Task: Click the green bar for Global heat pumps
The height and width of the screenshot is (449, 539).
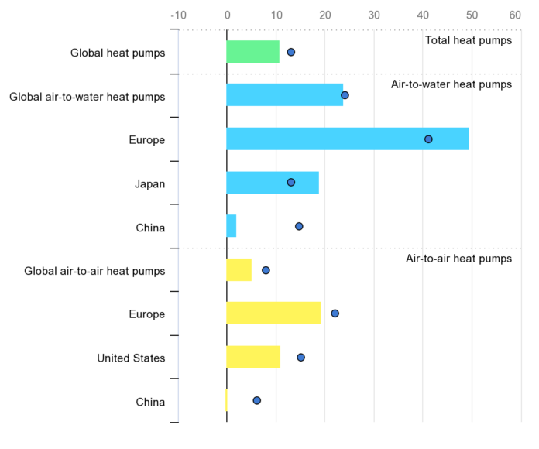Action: pyautogui.click(x=252, y=52)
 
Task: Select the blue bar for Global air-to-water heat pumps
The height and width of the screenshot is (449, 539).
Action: pyautogui.click(x=284, y=95)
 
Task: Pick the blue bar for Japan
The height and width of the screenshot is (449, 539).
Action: pyautogui.click(x=272, y=183)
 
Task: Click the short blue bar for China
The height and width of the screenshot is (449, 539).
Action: pyautogui.click(x=231, y=226)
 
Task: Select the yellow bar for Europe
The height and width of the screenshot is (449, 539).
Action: pyautogui.click(x=273, y=314)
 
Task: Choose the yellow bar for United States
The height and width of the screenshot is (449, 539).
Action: pyautogui.click(x=252, y=357)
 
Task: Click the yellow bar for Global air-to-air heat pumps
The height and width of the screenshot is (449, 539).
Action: pyautogui.click(x=239, y=270)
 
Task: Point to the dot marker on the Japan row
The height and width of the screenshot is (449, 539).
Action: pyautogui.click(x=291, y=183)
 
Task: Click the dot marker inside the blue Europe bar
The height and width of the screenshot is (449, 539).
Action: pyautogui.click(x=428, y=139)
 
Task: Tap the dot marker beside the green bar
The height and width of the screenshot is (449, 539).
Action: pyautogui.click(x=291, y=52)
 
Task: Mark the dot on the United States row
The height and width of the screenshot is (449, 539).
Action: pyautogui.click(x=300, y=357)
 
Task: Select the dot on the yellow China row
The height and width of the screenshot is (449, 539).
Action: pyautogui.click(x=257, y=400)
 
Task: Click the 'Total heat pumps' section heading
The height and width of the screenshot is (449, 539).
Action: pyautogui.click(x=468, y=40)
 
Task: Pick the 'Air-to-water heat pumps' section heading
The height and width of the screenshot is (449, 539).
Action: pyautogui.click(x=451, y=84)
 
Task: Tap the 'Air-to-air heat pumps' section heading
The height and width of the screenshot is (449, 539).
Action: pyautogui.click(x=458, y=259)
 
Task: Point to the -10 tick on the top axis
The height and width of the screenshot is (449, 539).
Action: pyautogui.click(x=178, y=15)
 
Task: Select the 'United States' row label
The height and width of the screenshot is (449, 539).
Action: pyautogui.click(x=131, y=358)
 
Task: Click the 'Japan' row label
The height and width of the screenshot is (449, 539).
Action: pyautogui.click(x=149, y=183)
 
